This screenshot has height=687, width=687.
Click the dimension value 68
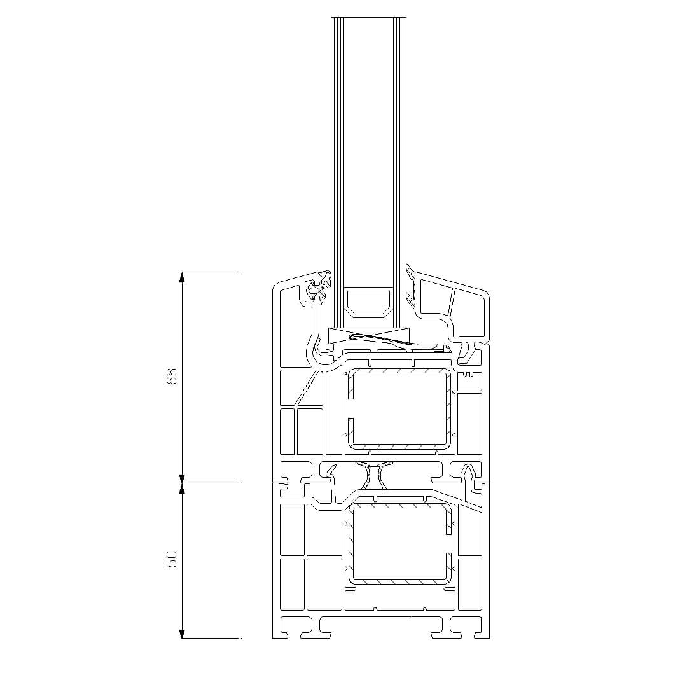click(172, 377)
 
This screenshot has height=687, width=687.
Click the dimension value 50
click(172, 559)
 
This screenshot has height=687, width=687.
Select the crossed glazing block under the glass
click(369, 336)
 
